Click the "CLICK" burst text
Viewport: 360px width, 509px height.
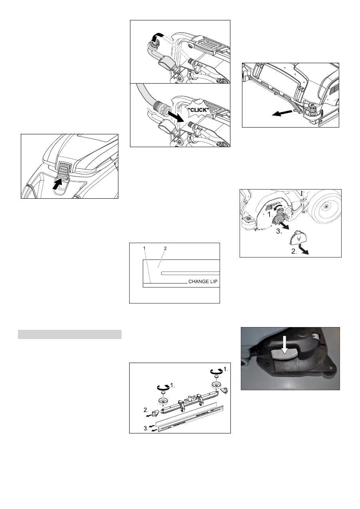198,110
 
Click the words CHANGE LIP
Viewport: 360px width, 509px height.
203,281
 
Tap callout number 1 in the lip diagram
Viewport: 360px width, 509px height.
144,248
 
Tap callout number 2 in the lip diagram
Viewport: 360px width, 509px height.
165,248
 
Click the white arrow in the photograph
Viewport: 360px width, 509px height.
285,347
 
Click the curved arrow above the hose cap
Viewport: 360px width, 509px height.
157,37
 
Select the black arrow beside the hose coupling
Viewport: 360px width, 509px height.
176,116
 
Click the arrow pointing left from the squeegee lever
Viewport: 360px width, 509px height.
282,113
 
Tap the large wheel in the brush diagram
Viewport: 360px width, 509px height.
326,207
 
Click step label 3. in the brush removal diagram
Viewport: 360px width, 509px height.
279,232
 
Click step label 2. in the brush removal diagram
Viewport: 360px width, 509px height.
294,252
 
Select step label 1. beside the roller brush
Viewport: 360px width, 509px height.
270,214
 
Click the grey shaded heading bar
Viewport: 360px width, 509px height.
70,334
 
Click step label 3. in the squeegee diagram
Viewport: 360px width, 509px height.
146,428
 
